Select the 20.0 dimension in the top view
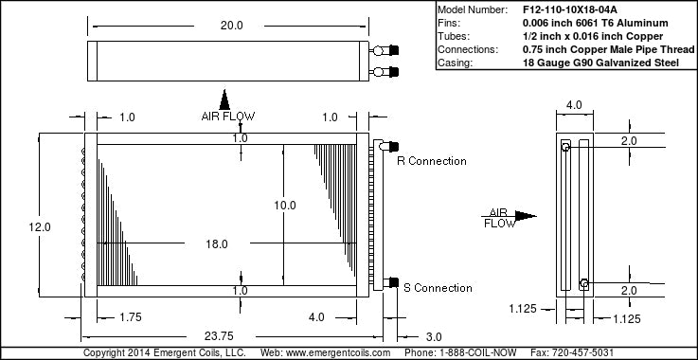pyautogui.click(x=231, y=26)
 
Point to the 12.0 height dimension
pyautogui.click(x=40, y=227)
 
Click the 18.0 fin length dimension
pyautogui.click(x=217, y=244)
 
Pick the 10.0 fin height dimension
pyautogui.click(x=285, y=206)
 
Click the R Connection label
pyautogui.click(x=432, y=161)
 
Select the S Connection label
pyautogui.click(x=438, y=288)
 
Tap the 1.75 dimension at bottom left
pyautogui.click(x=130, y=317)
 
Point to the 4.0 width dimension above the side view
pyautogui.click(x=574, y=105)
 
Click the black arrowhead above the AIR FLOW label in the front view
pyautogui.click(x=224, y=99)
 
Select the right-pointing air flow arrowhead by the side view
pyautogui.click(x=526, y=216)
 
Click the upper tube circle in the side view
pyautogui.click(x=565, y=147)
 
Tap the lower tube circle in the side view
pyautogui.click(x=584, y=283)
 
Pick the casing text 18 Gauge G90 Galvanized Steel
pyautogui.click(x=601, y=63)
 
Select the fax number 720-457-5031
pyautogui.click(x=582, y=352)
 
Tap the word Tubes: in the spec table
pyautogui.click(x=454, y=37)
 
